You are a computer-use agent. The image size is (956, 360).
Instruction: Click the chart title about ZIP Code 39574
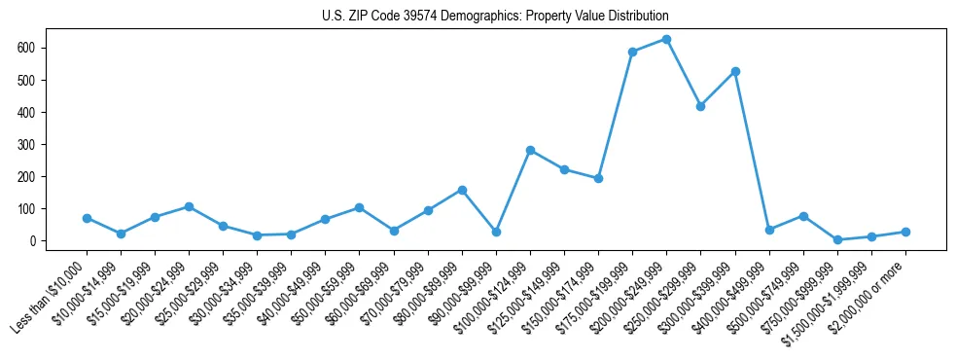coord(495,17)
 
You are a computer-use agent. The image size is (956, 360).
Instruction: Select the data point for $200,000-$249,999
coord(666,39)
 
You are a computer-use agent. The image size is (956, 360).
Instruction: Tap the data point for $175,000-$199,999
coord(632,52)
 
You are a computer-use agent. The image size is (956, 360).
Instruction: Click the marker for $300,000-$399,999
coord(735,71)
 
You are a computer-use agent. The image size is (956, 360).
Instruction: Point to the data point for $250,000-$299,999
coord(700,106)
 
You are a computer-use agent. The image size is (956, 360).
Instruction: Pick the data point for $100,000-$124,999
coord(530,150)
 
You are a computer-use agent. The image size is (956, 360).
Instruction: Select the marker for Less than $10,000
coord(87,218)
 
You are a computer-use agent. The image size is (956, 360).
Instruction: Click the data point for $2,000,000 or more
coord(905,232)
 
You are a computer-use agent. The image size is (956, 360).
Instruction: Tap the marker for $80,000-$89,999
coord(462,190)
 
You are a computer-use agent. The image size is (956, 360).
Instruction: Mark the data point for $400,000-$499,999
coord(769,230)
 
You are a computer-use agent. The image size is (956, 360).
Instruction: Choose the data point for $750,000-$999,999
coord(837,239)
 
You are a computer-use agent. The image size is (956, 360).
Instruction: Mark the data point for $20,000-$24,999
coord(189,206)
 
